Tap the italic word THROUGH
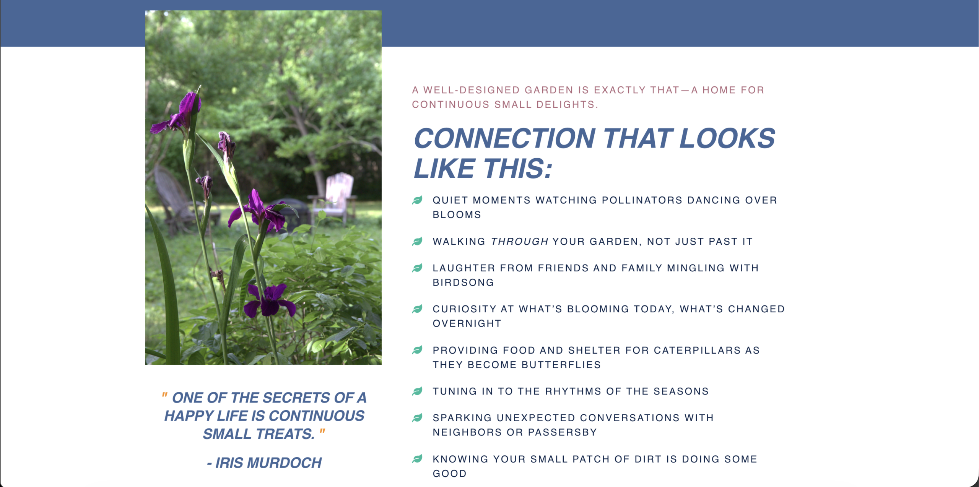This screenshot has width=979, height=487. tap(520, 242)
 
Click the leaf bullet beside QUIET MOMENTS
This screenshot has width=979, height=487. tap(417, 200)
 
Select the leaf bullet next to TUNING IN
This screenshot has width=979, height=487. tap(417, 391)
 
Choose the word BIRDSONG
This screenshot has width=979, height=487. tap(463, 282)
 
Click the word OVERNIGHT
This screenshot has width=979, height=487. tap(467, 323)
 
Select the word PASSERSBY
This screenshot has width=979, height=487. tap(562, 432)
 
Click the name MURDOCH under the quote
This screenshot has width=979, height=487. tap(285, 463)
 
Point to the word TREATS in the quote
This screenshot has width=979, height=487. tap(285, 434)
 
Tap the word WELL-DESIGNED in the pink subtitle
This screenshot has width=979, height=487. tap(471, 90)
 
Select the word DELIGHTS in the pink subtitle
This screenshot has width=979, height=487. tap(567, 105)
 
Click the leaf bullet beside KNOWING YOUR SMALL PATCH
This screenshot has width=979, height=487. tap(417, 459)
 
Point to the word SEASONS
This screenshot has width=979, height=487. tap(681, 391)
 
